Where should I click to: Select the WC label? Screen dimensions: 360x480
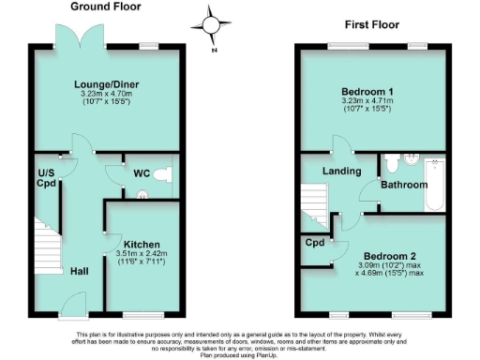142,173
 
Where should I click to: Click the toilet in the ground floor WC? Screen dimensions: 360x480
165,174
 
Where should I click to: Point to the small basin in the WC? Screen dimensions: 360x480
142,195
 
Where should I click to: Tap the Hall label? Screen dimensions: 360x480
79,272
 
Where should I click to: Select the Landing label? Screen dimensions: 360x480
343,171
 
